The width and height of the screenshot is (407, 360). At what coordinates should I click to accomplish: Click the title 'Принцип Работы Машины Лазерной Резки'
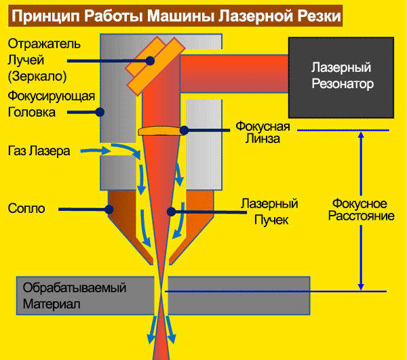pos(176,16)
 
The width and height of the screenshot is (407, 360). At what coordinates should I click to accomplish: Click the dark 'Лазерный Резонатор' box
pos(341,77)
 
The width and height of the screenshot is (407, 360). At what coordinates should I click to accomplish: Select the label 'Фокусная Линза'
pos(263,132)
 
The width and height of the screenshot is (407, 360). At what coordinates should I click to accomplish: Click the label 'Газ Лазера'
pos(39,151)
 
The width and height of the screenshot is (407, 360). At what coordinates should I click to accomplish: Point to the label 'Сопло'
pos(26,208)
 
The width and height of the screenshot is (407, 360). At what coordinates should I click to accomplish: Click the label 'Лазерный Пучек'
pos(270,212)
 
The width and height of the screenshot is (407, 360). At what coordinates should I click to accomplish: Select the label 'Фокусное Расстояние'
pos(361,209)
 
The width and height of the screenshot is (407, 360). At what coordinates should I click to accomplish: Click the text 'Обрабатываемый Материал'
pos(75,296)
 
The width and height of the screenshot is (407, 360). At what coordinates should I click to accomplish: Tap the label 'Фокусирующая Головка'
pos(52,104)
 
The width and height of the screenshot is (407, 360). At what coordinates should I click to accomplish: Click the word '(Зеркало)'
pos(37,76)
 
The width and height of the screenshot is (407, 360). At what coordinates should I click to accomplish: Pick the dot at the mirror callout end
pos(150,61)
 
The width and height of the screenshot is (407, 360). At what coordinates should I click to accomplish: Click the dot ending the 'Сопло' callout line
pos(109,209)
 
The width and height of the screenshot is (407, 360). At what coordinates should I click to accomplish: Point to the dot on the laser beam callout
pos(172,212)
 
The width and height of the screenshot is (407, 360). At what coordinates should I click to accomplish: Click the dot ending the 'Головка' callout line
pos(100,113)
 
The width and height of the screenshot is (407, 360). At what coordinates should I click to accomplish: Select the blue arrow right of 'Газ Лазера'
pos(96,151)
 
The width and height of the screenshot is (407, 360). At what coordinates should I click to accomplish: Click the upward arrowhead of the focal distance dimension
pos(361,135)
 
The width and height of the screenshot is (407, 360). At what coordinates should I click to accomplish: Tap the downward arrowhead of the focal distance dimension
pos(361,287)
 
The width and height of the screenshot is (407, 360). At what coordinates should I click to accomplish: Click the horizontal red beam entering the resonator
pos(234,74)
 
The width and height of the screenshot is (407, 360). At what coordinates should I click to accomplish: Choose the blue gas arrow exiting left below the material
pos(152,329)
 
